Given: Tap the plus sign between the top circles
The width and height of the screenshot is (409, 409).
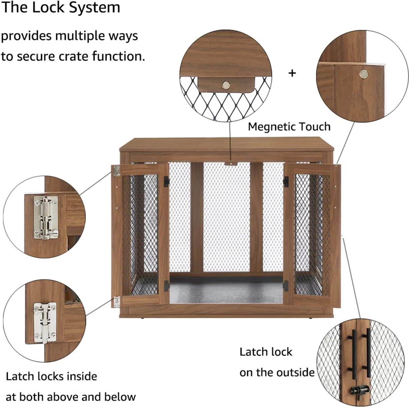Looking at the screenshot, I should click(x=292, y=73).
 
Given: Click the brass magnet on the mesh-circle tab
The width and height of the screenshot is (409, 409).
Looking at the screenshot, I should click(x=225, y=85).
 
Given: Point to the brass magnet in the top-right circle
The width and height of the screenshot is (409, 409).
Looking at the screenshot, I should click(x=363, y=74).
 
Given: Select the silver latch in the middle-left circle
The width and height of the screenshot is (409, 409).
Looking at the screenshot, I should click(x=46, y=218).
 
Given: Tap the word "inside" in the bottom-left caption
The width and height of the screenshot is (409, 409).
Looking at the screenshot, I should click(x=82, y=376).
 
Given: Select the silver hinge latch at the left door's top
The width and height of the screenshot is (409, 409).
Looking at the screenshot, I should click(x=117, y=171).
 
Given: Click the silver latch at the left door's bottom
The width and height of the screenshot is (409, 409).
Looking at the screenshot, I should click(x=116, y=302).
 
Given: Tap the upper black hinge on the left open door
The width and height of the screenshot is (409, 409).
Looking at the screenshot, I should click(x=166, y=181).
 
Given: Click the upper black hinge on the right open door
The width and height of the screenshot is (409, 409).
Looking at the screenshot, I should click(x=286, y=181).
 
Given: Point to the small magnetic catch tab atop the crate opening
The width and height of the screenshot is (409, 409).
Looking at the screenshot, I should click(x=231, y=164).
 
